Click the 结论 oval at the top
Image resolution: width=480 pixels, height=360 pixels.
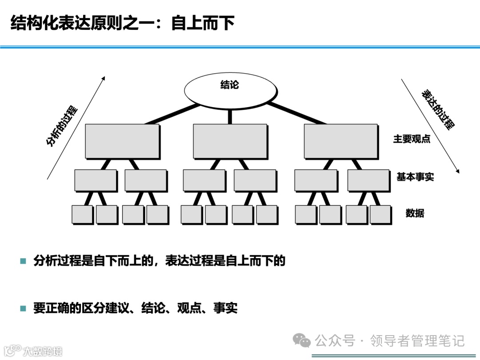coord(229,88)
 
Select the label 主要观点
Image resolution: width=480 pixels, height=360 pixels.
coord(412,139)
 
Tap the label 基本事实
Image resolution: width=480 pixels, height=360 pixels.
coord(415,177)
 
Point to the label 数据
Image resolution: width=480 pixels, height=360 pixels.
coord(415,213)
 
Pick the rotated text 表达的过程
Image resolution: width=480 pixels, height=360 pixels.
coord(438,109)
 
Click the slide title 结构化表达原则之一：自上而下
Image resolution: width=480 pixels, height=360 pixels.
coord(122,23)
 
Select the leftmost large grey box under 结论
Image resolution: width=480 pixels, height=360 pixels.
coord(122,141)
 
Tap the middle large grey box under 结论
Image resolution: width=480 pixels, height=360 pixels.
coord(230,141)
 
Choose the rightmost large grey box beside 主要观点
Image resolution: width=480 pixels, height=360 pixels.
coord(340,141)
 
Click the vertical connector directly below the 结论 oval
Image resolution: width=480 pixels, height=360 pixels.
coord(230,116)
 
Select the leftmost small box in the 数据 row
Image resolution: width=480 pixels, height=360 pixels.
coord(82,214)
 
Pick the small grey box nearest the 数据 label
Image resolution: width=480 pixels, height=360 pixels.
coord(380,214)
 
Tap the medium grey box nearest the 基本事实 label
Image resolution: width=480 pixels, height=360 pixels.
coord(368,180)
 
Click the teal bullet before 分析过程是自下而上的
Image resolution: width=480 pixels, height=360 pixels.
coord(23,261)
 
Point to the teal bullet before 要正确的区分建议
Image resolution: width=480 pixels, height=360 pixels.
coord(23,308)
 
